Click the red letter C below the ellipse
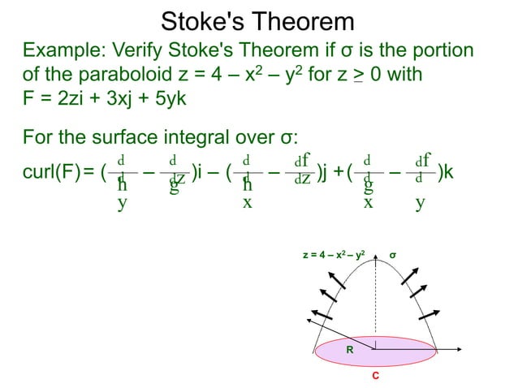(374, 376)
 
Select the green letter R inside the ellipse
(350, 350)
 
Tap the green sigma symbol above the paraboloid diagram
(393, 256)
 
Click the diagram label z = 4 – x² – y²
(339, 256)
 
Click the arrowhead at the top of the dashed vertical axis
(374, 261)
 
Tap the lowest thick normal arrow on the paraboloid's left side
(320, 314)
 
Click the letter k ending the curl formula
(448, 172)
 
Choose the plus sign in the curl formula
(339, 172)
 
